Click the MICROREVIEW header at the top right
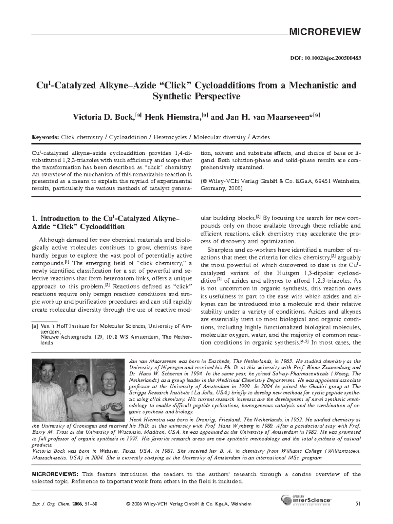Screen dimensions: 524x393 [324, 32]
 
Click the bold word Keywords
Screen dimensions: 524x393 [45, 137]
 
